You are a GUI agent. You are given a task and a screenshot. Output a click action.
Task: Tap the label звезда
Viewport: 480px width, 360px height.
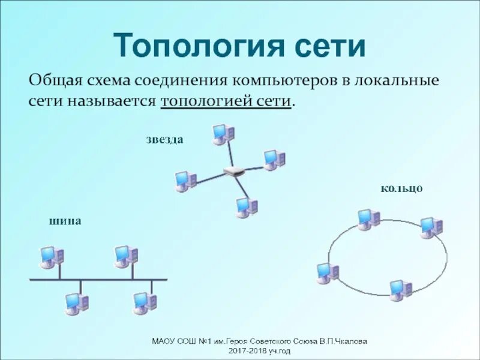coord(164,140)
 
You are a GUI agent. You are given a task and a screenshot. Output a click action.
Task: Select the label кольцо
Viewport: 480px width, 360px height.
coord(401,188)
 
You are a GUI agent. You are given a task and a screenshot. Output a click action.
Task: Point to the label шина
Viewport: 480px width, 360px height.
coord(65,221)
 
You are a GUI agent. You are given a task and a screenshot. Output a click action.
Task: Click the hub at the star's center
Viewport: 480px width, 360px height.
coord(234,171)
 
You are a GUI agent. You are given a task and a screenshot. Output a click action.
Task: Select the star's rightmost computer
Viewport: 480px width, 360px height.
coord(274,160)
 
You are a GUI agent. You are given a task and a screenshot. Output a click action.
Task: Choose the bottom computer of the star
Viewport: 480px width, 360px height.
coord(246,207)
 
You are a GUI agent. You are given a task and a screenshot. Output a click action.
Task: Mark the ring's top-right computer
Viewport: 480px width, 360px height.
coord(431,227)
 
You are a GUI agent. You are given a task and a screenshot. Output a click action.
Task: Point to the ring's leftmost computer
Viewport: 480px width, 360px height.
coord(328,272)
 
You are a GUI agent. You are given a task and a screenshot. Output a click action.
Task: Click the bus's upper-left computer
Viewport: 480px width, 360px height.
coord(51,256)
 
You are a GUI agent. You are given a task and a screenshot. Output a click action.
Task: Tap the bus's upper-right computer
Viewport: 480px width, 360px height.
coord(126,256)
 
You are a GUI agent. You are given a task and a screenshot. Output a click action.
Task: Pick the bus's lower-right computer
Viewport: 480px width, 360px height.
coord(145,302)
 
